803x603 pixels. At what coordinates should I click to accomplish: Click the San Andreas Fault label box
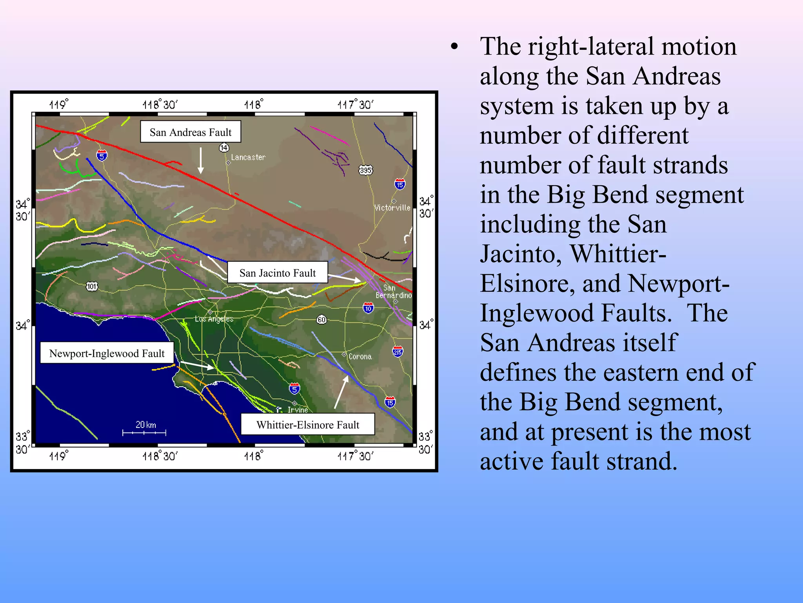coord(191,132)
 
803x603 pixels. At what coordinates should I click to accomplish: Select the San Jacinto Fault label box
coord(277,272)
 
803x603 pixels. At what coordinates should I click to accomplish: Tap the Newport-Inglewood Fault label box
coord(107,353)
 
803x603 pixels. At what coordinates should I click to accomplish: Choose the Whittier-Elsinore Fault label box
coord(307,424)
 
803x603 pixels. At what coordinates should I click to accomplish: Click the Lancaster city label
coord(248,157)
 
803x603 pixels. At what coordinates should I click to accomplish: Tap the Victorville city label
coord(392,208)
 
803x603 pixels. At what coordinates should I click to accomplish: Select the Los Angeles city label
coord(214,319)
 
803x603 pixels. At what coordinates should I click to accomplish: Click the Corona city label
coord(360,356)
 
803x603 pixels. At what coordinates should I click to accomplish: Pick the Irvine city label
coord(298,409)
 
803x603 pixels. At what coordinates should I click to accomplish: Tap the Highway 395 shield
coord(365,170)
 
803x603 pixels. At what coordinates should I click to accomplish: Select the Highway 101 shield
coord(91,286)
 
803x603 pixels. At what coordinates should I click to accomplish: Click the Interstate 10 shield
coord(368,308)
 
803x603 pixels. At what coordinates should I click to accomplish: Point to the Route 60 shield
coord(322,320)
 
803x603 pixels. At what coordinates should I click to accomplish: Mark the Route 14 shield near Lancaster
coord(224,148)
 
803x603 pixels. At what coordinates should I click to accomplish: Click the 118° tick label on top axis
coord(253,104)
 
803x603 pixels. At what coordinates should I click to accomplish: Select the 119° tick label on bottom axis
coord(58,456)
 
